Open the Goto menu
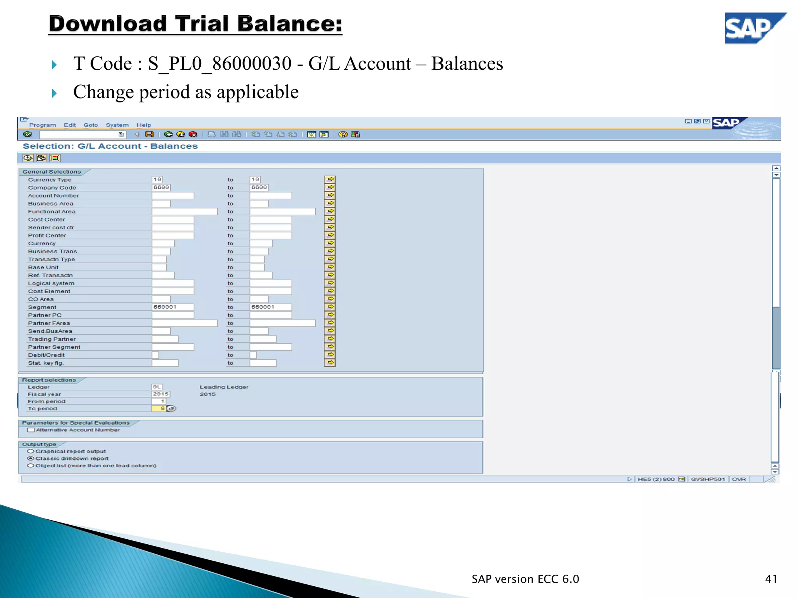pos(90,125)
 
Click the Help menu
pos(143,125)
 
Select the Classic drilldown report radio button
pos(30,458)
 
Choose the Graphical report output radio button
pos(30,451)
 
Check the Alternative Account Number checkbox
pos(31,430)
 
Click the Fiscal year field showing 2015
pos(161,394)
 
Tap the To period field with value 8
pos(159,408)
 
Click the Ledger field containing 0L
pos(157,387)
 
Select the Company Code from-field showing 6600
pos(161,187)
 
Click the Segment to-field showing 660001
pos(270,307)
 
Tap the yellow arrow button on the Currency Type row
pos(330,179)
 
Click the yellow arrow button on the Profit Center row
pos(330,235)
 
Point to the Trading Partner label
pos(52,339)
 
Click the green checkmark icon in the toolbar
pos(27,134)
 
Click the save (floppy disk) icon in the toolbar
pos(149,134)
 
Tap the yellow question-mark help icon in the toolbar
pos(343,134)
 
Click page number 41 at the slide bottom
pos(771,579)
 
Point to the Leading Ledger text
pos(224,387)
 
